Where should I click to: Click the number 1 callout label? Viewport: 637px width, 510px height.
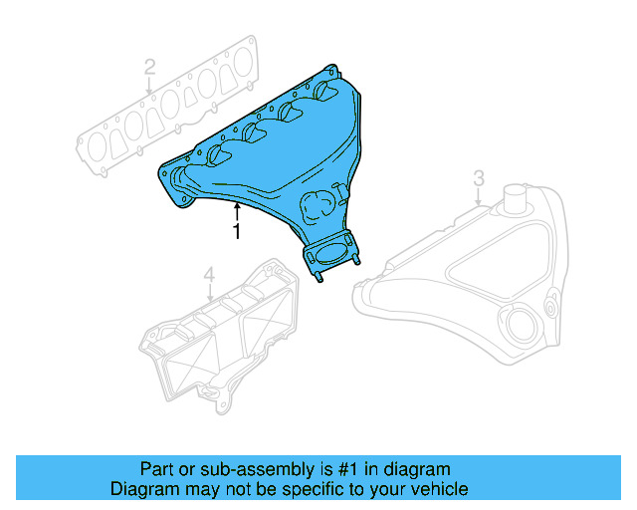click(236, 232)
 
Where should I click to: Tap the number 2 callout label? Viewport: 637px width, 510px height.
click(149, 68)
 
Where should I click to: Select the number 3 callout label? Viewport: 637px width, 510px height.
click(478, 178)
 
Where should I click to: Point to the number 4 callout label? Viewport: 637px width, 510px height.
click(209, 274)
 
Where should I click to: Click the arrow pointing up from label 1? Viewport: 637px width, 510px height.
click(236, 210)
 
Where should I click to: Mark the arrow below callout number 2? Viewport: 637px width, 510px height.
click(149, 87)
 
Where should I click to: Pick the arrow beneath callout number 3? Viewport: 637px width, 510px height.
click(478, 198)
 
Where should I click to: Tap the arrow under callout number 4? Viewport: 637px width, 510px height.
click(209, 293)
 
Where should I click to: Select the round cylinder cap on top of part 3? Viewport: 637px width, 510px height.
click(516, 197)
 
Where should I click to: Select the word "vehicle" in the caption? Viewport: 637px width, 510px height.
click(439, 489)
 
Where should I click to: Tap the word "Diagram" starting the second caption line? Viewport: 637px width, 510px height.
click(142, 489)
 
